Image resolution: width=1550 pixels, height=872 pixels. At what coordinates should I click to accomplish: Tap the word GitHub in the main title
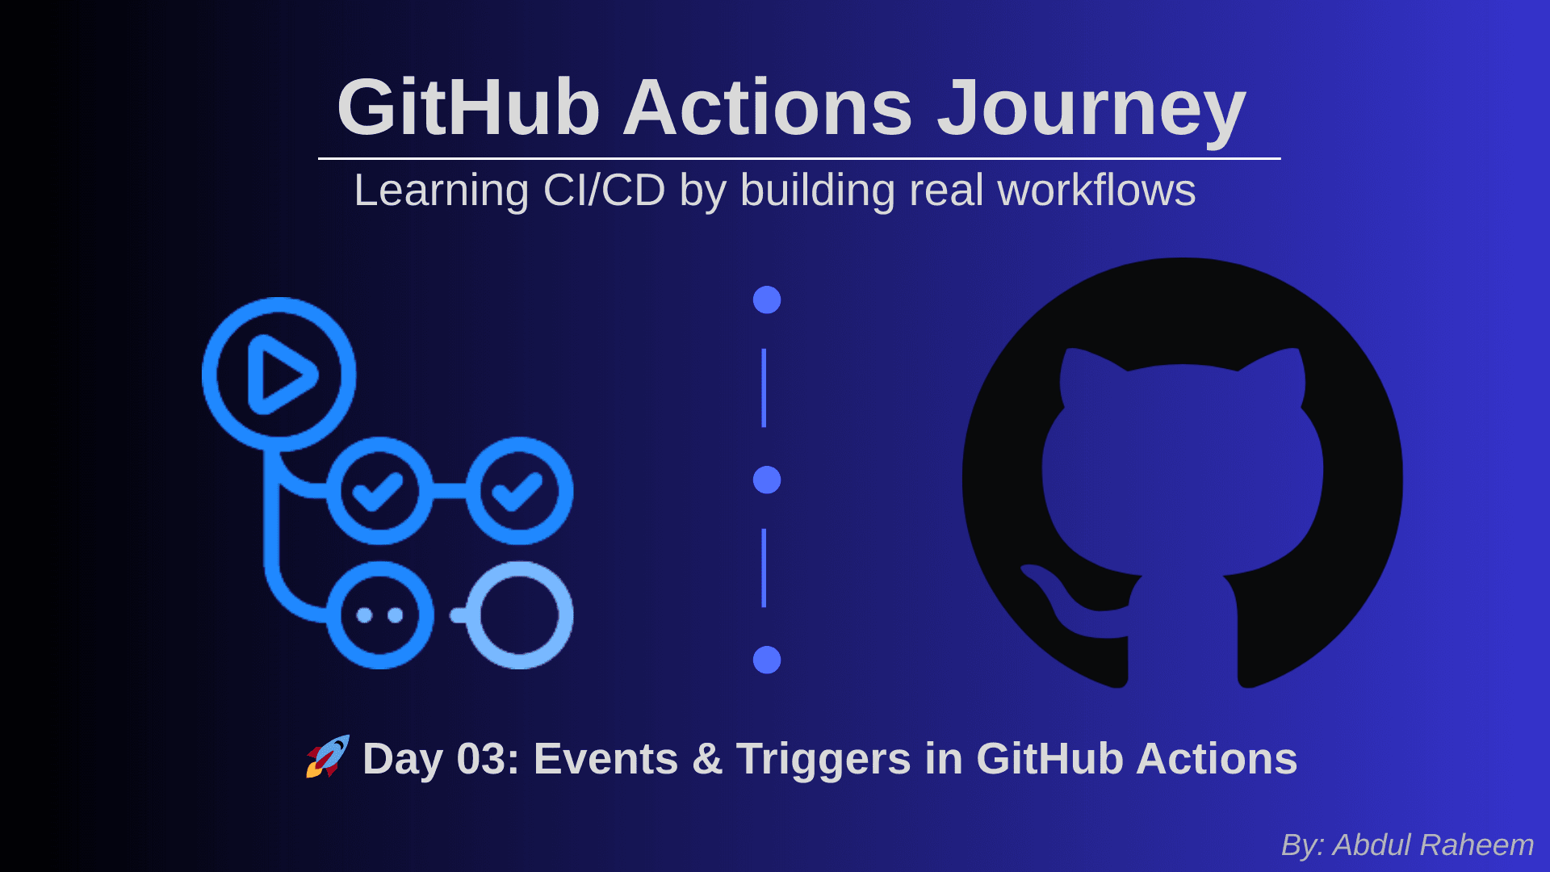tap(468, 107)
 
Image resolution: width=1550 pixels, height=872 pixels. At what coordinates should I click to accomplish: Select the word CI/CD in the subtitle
tap(604, 191)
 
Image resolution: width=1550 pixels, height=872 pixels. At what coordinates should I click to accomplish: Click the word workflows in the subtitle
tap(1096, 191)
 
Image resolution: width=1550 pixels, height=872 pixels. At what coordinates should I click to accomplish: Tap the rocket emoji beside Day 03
tap(328, 757)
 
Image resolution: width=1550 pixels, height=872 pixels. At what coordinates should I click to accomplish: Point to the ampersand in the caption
tap(707, 759)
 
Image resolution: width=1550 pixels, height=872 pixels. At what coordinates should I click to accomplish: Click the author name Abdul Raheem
tap(1433, 845)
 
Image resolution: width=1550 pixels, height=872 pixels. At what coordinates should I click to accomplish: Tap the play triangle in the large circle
tap(281, 375)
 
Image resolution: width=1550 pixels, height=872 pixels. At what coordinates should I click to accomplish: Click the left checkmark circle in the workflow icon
tap(379, 490)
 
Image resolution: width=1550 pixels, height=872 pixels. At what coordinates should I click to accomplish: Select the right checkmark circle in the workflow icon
tap(519, 490)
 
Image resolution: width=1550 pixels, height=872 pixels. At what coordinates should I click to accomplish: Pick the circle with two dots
tap(379, 615)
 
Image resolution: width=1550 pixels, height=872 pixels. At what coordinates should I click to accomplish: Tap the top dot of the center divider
tap(767, 300)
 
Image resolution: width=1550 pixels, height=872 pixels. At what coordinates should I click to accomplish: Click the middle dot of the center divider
tap(767, 480)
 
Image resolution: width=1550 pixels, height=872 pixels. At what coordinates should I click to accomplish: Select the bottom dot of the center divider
tap(767, 660)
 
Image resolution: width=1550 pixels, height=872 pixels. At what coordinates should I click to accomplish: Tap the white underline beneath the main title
tap(799, 158)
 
